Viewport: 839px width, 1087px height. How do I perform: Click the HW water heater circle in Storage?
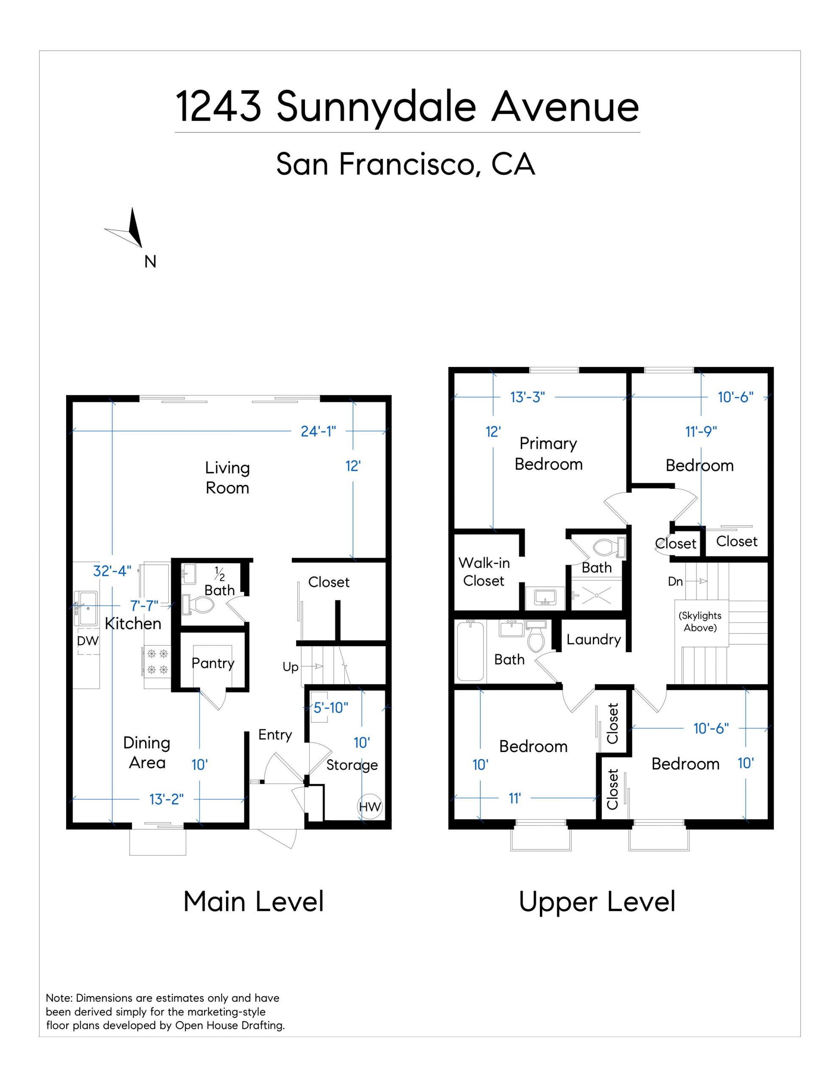[369, 807]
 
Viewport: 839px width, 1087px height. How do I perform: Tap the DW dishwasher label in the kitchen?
[88, 641]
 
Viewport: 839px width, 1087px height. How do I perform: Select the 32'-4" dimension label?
[112, 570]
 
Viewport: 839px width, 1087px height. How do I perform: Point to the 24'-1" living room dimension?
[318, 431]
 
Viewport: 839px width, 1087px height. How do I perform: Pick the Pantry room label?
[213, 663]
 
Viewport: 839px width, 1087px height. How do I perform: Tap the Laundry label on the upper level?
[594, 639]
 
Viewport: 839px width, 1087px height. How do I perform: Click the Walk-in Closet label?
[484, 572]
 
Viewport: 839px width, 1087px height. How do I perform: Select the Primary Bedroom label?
[548, 453]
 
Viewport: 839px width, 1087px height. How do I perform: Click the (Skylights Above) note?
[700, 621]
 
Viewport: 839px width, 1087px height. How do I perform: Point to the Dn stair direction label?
[675, 581]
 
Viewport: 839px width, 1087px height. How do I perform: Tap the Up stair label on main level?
[291, 667]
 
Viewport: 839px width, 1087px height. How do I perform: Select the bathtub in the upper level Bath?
[470, 651]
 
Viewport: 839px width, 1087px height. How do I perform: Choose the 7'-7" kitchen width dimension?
[144, 606]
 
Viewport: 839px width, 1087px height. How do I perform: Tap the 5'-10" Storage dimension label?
[331, 707]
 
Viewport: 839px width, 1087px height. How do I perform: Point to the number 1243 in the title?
[219, 107]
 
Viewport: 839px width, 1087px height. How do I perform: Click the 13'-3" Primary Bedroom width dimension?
[528, 397]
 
